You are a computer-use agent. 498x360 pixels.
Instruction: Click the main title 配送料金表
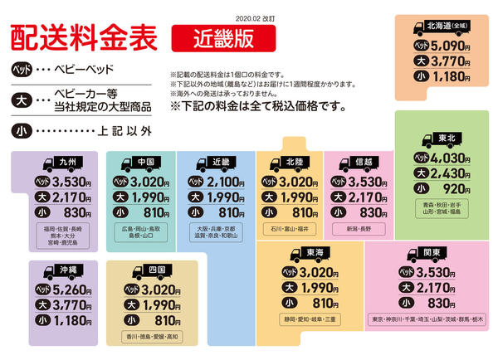tap(84, 38)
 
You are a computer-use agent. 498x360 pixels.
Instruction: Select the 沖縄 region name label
tap(69, 270)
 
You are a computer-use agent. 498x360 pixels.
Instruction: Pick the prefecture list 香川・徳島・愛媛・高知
tap(152, 337)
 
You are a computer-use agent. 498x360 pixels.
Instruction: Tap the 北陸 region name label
tap(295, 162)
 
